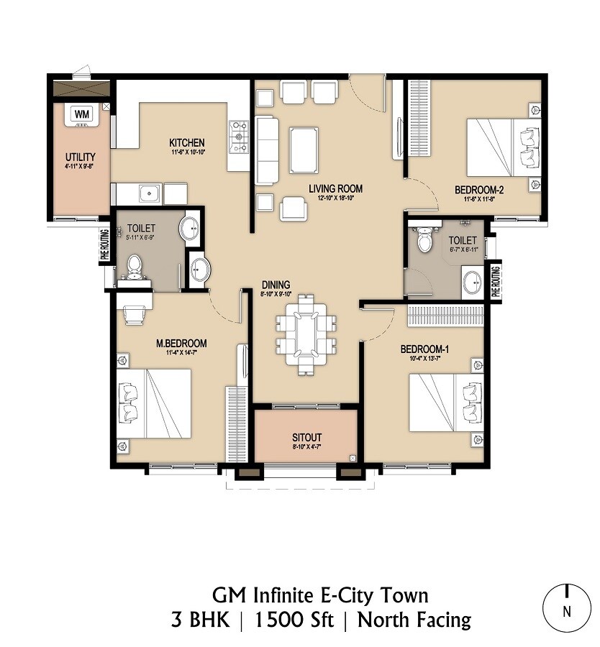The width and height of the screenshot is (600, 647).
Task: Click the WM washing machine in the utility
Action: click(x=82, y=114)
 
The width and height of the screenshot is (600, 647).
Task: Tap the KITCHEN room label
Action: click(x=187, y=142)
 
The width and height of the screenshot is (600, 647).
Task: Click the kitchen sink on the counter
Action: click(x=150, y=193)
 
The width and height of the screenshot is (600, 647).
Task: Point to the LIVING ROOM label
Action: click(x=335, y=189)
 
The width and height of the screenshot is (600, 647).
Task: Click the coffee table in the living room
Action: click(x=304, y=149)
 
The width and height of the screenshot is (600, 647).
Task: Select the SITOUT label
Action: click(x=306, y=437)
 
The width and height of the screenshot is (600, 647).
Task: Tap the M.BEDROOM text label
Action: click(x=181, y=343)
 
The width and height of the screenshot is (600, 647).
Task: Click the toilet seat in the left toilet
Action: click(x=133, y=265)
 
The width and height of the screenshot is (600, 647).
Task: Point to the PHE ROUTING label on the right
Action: click(x=496, y=281)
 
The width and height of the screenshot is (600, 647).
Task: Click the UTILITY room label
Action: click(x=80, y=157)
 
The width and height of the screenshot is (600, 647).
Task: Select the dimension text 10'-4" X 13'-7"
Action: click(x=424, y=359)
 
